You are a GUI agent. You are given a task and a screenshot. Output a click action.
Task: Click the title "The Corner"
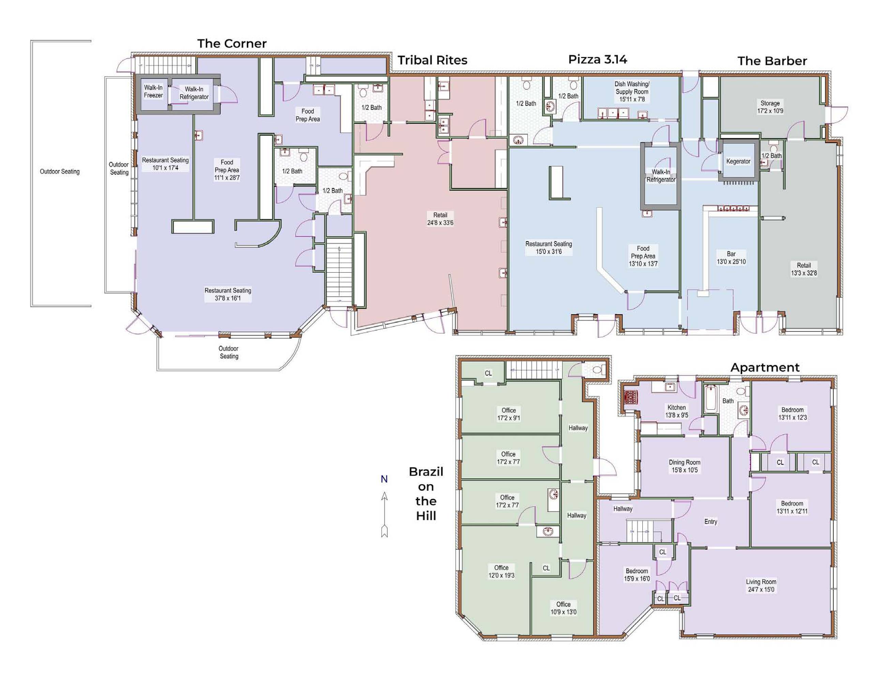[232, 43]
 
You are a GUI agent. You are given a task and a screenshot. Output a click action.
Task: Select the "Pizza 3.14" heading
[597, 59]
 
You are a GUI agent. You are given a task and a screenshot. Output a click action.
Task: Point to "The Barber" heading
[772, 61]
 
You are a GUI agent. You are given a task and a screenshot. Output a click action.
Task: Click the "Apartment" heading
[765, 367]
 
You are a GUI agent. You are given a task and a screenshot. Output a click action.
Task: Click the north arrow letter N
[384, 479]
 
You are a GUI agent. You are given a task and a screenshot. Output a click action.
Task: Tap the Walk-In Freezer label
[153, 91]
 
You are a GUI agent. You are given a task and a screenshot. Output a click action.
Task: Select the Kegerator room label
[738, 161]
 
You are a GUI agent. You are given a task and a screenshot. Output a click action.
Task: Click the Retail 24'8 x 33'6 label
[440, 219]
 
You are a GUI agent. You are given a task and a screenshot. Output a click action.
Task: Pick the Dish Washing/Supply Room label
[632, 91]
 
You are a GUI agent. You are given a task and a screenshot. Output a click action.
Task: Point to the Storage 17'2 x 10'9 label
[770, 107]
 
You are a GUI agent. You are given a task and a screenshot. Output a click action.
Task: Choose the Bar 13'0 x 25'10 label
[731, 258]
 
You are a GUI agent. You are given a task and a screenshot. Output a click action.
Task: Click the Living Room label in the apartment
[761, 585]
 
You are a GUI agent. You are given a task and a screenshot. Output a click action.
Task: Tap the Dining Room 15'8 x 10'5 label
[685, 466]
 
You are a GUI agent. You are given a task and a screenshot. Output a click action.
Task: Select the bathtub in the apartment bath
[711, 399]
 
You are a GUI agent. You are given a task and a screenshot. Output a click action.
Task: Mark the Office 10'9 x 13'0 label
[563, 608]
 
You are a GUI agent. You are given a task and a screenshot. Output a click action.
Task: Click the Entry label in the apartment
[711, 522]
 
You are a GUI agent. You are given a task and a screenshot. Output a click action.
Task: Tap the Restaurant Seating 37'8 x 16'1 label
[228, 294]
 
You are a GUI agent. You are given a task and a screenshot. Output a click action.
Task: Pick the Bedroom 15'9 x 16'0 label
[637, 575]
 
